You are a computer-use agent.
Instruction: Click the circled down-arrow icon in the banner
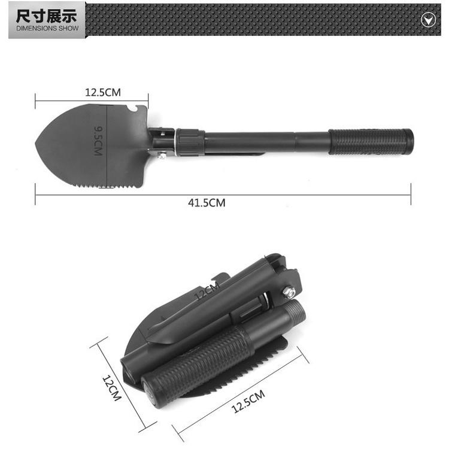pyautogui.click(x=427, y=20)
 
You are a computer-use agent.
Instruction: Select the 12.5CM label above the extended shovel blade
pyautogui.click(x=102, y=92)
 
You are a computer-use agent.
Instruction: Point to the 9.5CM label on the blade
pyautogui.click(x=99, y=141)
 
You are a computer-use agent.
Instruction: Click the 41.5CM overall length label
pyautogui.click(x=207, y=203)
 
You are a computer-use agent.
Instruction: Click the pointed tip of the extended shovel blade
pyautogui.click(x=38, y=145)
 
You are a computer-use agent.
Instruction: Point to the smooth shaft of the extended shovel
pyautogui.click(x=263, y=142)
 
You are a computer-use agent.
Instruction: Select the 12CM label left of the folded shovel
pyautogui.click(x=111, y=388)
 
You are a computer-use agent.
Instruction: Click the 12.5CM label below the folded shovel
pyautogui.click(x=248, y=402)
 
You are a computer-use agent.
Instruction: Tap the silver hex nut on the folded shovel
pyautogui.click(x=287, y=292)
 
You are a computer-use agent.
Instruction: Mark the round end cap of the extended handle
pyautogui.click(x=408, y=141)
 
